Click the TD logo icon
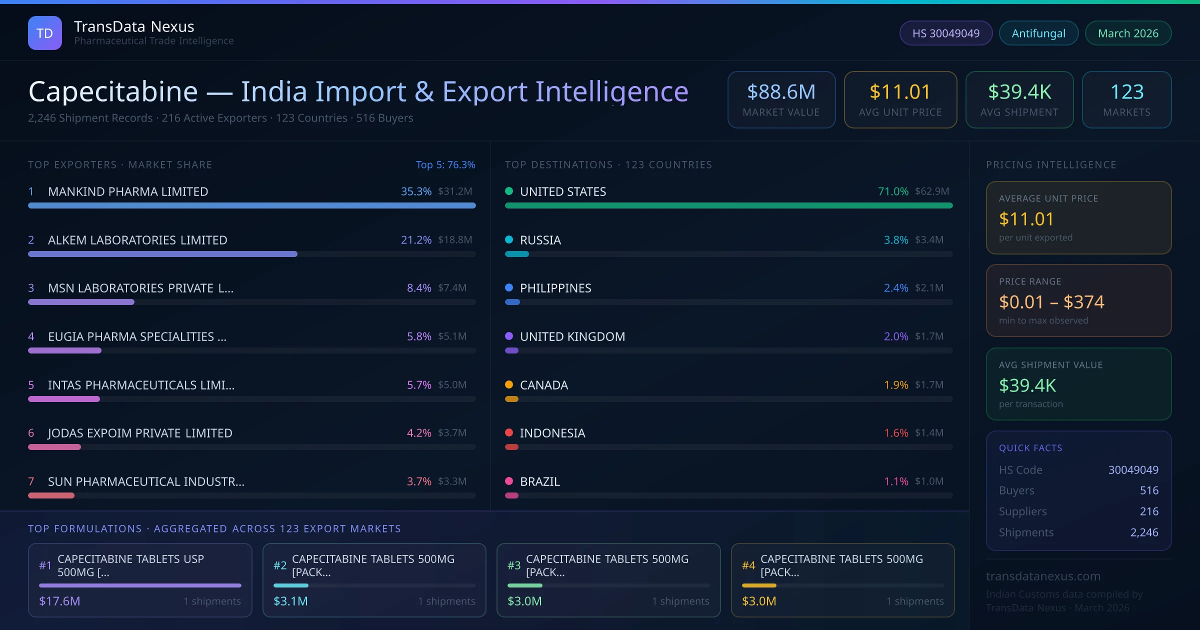44,33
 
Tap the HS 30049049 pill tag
945,33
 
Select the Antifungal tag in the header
1038,33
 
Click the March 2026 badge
1127,33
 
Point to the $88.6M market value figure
781,92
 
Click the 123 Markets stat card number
1126,92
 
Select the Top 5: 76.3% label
445,164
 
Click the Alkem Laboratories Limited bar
162,254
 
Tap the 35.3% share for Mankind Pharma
415,191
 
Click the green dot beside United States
509,191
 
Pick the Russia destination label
540,240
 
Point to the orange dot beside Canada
509,384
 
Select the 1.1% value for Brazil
895,481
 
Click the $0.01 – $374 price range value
1051,302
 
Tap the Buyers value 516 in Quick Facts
1148,490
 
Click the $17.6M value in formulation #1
59,601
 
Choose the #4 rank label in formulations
748,565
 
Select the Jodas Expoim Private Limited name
140,433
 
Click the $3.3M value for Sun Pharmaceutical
452,481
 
